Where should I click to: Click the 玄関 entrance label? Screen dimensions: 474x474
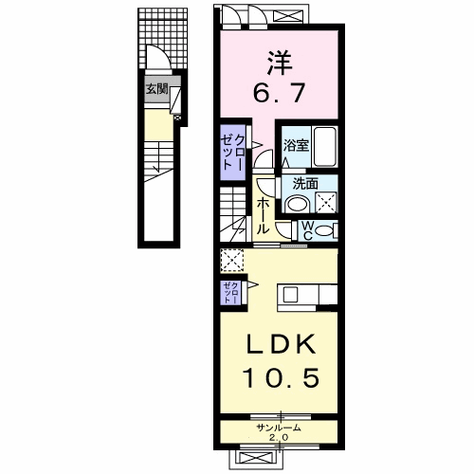click(x=156, y=89)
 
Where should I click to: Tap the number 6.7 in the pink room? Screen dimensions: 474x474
click(x=280, y=92)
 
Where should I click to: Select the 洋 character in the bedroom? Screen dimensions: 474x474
click(x=280, y=63)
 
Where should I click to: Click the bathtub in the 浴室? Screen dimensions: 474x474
click(x=325, y=147)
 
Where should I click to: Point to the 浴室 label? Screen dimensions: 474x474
click(x=296, y=145)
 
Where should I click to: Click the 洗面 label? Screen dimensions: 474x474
click(x=305, y=184)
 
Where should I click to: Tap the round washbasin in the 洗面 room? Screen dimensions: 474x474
click(x=298, y=204)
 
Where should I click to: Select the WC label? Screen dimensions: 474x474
click(x=307, y=230)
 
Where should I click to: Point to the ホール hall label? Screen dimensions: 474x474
click(x=263, y=216)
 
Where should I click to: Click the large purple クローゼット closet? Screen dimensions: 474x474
click(x=233, y=153)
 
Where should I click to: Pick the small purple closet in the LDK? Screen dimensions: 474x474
click(x=231, y=293)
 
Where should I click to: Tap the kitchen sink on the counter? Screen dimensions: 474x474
click(x=290, y=296)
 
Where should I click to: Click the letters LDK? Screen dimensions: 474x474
click(x=281, y=344)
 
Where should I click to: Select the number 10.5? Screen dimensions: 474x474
click(x=281, y=378)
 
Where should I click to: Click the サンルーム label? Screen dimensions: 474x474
click(x=279, y=428)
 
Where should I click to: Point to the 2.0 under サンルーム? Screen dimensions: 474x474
click(x=279, y=438)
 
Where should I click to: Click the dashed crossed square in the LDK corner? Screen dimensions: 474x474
click(x=232, y=260)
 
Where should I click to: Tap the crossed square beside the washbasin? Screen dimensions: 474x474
click(x=326, y=202)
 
